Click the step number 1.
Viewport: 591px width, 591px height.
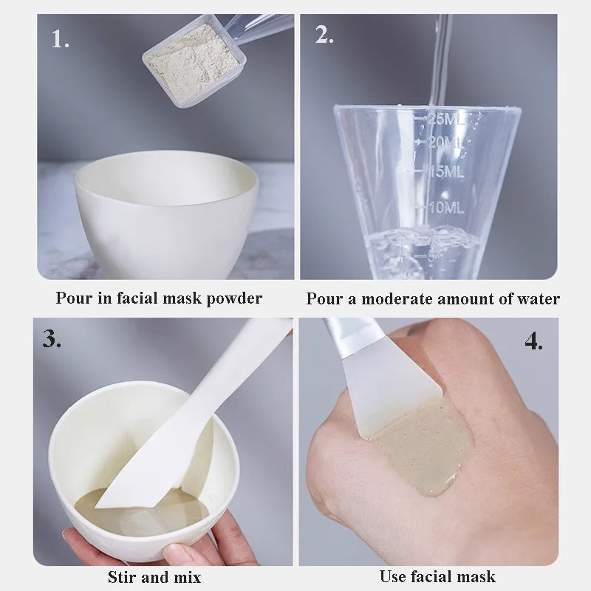(60, 38)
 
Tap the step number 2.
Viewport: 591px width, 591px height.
(324, 35)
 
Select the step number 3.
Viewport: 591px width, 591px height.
(52, 338)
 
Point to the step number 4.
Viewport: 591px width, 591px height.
(533, 341)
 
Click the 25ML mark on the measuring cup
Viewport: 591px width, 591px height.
(447, 118)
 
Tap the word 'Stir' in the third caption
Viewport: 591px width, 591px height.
(124, 576)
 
